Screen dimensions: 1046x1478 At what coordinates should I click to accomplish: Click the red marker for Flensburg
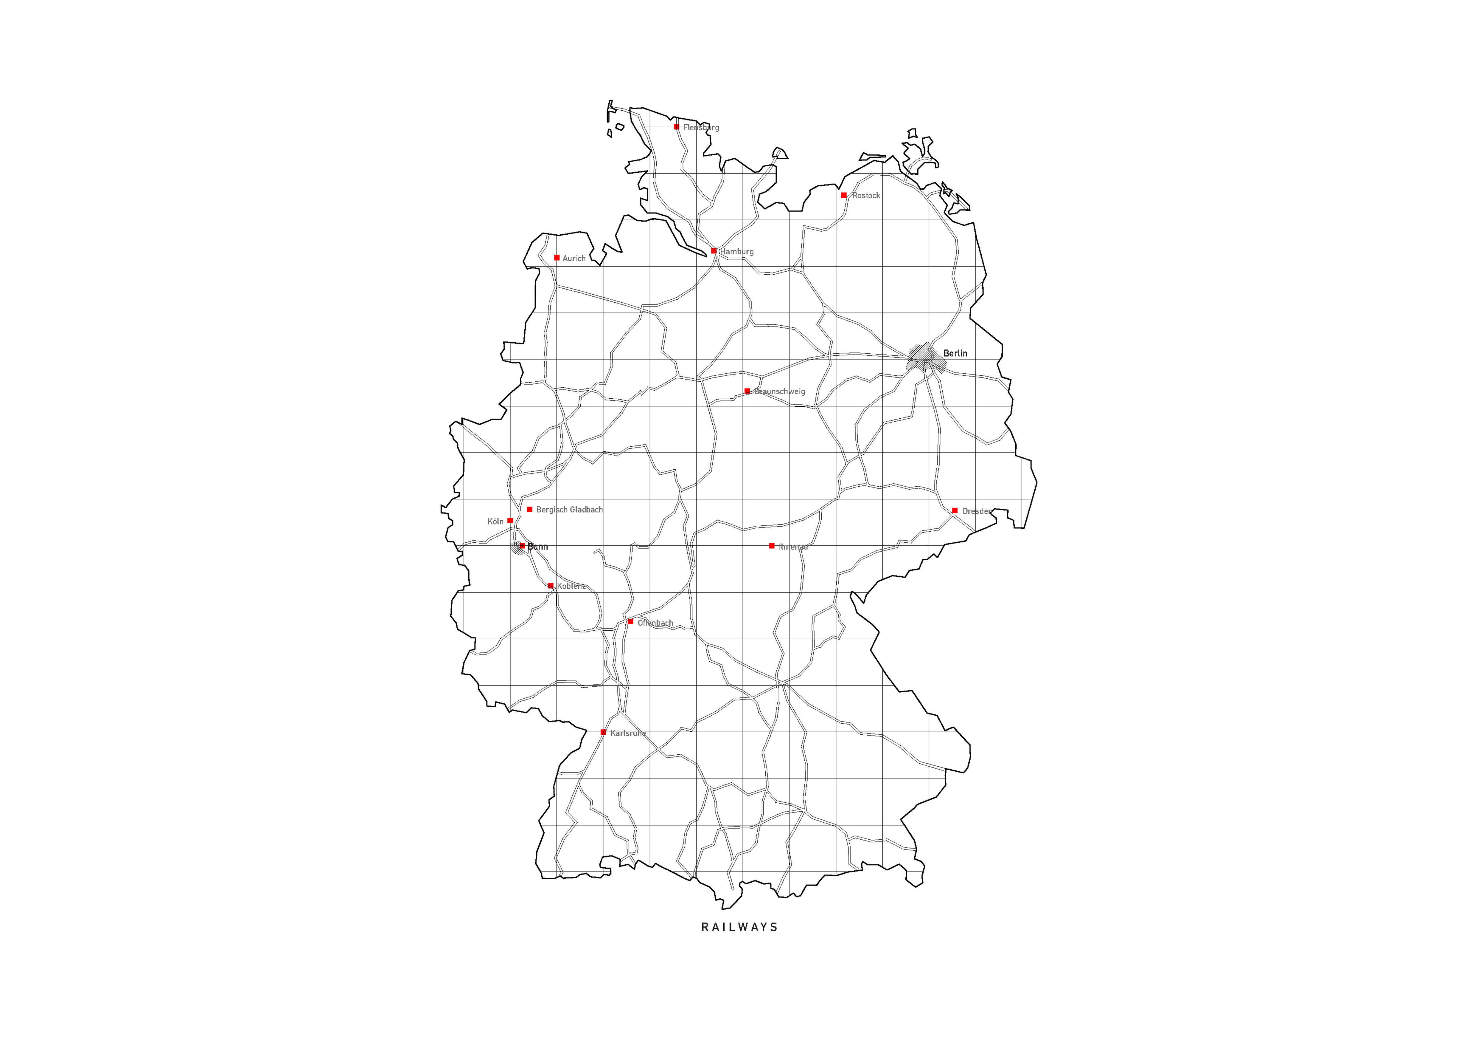[677, 127]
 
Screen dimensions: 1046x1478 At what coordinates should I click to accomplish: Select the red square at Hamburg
[714, 250]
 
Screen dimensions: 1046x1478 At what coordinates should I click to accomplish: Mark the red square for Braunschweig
[747, 391]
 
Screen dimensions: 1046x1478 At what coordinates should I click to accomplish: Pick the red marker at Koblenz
[550, 586]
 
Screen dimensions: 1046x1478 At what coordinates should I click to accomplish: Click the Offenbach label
[655, 623]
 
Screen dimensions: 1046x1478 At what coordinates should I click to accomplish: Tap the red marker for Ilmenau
[772, 546]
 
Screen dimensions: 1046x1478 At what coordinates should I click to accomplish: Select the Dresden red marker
[955, 510]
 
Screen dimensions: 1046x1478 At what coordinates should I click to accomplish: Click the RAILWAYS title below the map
[739, 928]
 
